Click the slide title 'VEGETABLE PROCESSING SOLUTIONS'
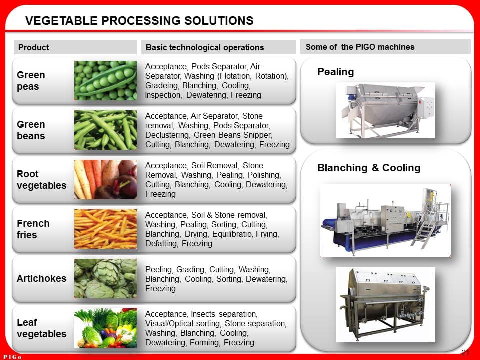click(x=139, y=21)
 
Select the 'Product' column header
click(x=33, y=47)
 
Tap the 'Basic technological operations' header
click(x=205, y=47)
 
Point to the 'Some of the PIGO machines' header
click(x=360, y=47)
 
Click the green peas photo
click(x=105, y=80)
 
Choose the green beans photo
click(x=105, y=130)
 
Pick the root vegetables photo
click(x=105, y=179)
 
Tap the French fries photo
click(x=105, y=229)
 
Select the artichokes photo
click(x=105, y=278)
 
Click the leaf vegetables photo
click(x=105, y=328)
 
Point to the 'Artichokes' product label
click(x=41, y=278)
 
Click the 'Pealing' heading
click(x=335, y=72)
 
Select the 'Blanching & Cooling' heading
click(x=369, y=168)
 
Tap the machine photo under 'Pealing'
click(x=385, y=110)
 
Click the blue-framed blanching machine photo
click(x=385, y=220)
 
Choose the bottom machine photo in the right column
click(x=385, y=304)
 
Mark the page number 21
click(x=465, y=352)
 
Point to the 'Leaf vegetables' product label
click(x=41, y=328)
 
